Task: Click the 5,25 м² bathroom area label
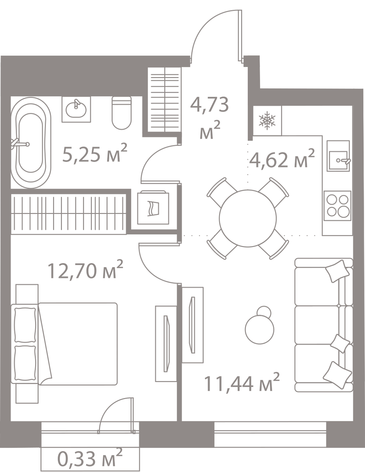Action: click(94, 153)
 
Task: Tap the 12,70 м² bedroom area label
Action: click(85, 269)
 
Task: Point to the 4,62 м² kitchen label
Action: click(282, 158)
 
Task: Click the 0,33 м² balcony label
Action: click(90, 459)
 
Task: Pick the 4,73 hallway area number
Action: click(209, 105)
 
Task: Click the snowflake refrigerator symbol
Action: click(267, 121)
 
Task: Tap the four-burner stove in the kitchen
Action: click(337, 206)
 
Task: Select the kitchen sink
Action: click(338, 156)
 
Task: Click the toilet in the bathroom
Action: click(122, 113)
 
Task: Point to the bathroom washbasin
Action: click(76, 109)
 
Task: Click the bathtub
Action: click(31, 143)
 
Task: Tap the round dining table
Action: click(248, 218)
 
